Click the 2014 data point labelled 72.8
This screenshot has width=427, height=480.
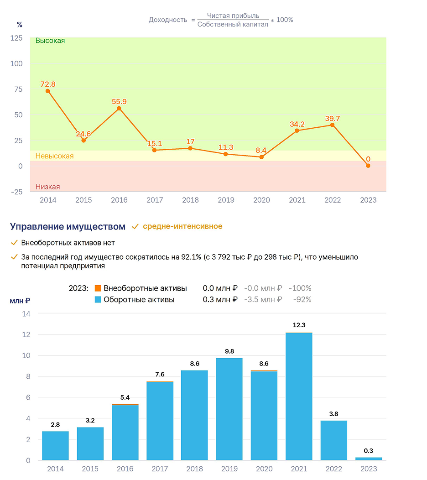point(48,91)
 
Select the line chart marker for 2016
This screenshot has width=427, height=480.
point(119,109)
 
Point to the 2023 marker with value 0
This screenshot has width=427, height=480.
point(368,166)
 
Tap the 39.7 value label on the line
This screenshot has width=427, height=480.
point(333,119)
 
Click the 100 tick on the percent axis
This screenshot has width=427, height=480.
point(16,64)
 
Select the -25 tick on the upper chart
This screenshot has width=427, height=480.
point(17,192)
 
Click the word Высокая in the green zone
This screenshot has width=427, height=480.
point(50,41)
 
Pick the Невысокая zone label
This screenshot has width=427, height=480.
point(54,156)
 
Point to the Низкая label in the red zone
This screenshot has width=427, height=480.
point(48,187)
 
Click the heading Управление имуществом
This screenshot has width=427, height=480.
point(68,226)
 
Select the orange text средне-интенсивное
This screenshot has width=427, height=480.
point(183,226)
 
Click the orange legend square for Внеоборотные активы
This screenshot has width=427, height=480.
point(98,288)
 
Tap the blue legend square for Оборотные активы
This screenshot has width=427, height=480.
point(98,299)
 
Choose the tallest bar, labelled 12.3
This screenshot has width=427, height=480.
point(299,396)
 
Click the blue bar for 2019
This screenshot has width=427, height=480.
point(229,409)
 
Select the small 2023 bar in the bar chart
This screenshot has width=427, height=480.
point(369,459)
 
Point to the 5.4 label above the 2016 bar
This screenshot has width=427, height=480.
point(125,397)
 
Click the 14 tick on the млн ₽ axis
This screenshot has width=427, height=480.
point(26,314)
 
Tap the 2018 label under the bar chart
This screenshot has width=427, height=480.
point(195,469)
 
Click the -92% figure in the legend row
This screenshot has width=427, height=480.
point(302,299)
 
